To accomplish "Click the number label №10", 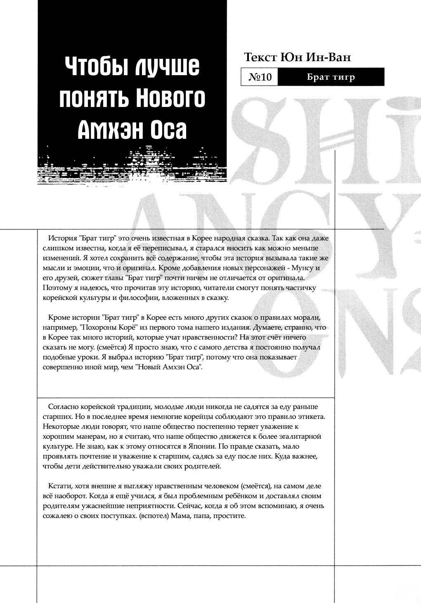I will [260, 77].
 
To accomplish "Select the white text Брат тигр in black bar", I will [331, 77].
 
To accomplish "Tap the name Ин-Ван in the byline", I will [329, 57].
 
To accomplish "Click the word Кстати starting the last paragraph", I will [60, 486].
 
